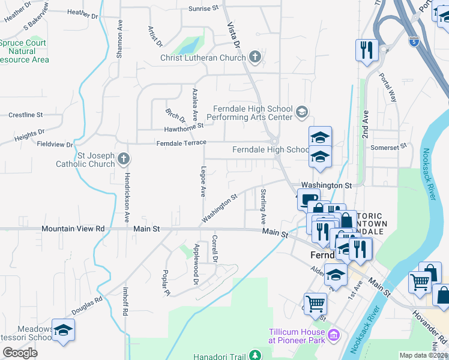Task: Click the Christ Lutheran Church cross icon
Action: pos(255,58)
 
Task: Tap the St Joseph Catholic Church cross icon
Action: pos(123,159)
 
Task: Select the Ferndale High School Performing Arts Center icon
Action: pos(301,111)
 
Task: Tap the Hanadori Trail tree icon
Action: pos(255,356)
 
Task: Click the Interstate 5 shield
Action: pos(414,41)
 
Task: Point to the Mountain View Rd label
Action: pos(73,229)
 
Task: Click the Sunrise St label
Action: pos(203,8)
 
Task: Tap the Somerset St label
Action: pos(393,146)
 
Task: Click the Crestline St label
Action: pos(26,114)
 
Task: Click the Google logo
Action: pos(20,352)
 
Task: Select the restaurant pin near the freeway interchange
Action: pos(366,50)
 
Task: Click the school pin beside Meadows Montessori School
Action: pos(63,331)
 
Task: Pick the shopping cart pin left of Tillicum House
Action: pos(315,303)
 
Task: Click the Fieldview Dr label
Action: pos(55,145)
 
